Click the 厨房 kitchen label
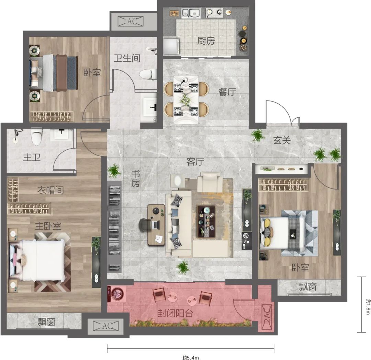(x=206, y=41)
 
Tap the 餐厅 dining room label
(x=227, y=92)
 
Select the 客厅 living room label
(x=195, y=162)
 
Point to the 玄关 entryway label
(x=282, y=140)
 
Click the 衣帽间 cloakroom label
(x=50, y=190)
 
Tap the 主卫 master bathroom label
(x=32, y=157)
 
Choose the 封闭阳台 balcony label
(x=175, y=313)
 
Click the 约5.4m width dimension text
(x=190, y=358)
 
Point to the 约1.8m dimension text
(x=368, y=306)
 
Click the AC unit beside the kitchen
(x=131, y=22)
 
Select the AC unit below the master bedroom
(x=105, y=326)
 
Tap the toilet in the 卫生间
(x=148, y=74)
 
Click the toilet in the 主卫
(x=37, y=137)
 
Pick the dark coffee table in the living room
(x=206, y=221)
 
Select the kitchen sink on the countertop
(x=191, y=13)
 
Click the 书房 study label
(x=136, y=179)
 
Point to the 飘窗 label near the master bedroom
(x=46, y=322)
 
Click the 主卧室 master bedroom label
(x=48, y=226)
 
